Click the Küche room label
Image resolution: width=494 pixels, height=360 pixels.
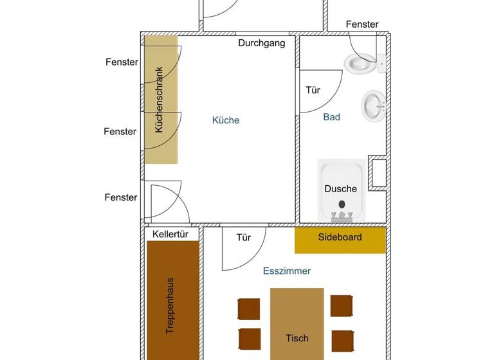click(226, 120)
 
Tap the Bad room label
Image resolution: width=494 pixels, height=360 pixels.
click(331, 117)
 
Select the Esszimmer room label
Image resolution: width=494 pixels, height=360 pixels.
click(287, 271)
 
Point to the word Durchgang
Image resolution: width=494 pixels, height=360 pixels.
click(261, 44)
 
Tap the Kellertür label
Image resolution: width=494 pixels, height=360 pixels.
click(170, 234)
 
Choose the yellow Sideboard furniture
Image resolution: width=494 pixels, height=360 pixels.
click(340, 238)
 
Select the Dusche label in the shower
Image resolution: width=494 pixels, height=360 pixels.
click(340, 188)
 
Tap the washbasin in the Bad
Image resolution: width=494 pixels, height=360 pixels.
click(374, 105)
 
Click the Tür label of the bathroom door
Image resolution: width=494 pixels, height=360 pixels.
click(313, 91)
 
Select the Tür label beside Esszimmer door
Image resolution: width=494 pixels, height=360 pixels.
click(243, 238)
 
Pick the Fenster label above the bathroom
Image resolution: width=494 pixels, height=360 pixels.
click(362, 24)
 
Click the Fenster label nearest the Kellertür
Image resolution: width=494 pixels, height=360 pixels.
click(121, 197)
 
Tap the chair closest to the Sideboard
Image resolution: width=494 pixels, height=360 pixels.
click(341, 305)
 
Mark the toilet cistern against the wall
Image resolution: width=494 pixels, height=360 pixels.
click(381, 62)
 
